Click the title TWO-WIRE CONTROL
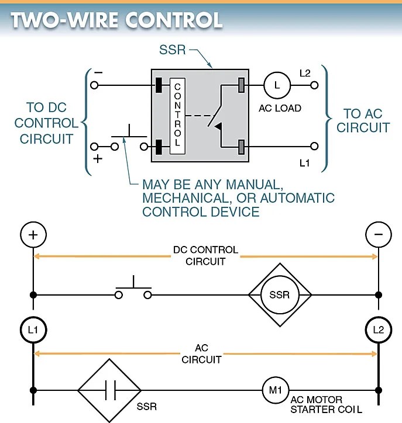point(116,19)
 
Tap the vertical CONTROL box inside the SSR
point(178,115)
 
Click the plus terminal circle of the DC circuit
point(33,235)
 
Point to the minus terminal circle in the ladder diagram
point(378,235)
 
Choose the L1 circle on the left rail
point(33,330)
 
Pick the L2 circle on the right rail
point(378,330)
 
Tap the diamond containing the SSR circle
point(279,294)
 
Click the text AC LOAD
point(280,108)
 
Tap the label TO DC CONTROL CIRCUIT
point(47,123)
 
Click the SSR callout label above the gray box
point(172,50)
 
